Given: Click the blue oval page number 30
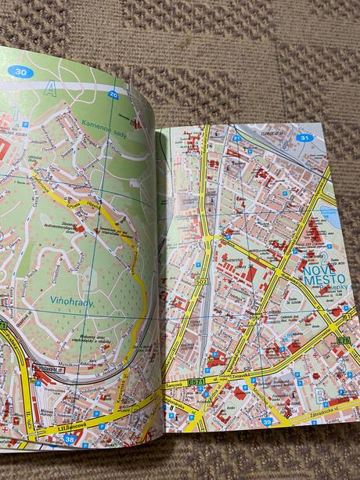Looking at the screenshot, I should coord(21,71).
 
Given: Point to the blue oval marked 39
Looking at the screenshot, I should coord(268,422).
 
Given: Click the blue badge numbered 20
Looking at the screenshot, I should coord(114,95).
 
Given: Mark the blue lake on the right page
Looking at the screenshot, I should coord(329,216).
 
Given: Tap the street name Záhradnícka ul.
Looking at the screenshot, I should coord(329,407).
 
